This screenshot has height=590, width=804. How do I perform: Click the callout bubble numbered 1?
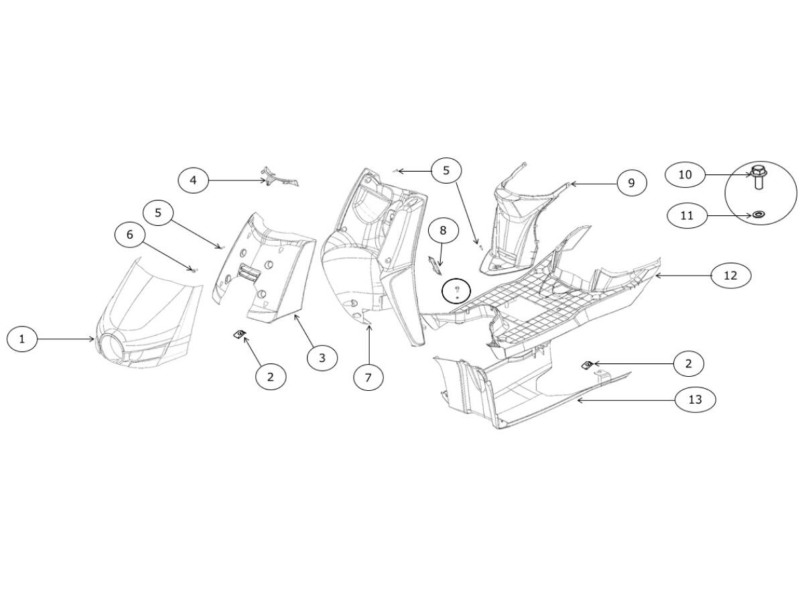click(x=22, y=339)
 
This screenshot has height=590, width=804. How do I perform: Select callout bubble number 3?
click(x=322, y=357)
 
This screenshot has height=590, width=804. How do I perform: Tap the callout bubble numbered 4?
click(x=193, y=180)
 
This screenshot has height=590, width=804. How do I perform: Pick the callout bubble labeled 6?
click(x=130, y=235)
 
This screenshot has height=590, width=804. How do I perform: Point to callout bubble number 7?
click(x=368, y=377)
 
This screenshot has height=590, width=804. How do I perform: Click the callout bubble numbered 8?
click(x=443, y=231)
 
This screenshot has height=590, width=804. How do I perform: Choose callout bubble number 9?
click(x=631, y=182)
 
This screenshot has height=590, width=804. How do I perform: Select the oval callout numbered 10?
click(x=685, y=174)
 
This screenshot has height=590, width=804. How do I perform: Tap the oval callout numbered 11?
click(x=686, y=215)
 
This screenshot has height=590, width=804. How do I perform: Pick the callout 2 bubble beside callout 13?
click(x=688, y=363)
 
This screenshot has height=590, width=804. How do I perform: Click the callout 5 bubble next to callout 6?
click(x=158, y=213)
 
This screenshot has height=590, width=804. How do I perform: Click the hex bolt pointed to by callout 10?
click(x=759, y=176)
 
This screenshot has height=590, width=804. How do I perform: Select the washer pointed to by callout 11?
click(x=759, y=215)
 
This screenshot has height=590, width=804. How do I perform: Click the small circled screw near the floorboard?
click(x=457, y=291)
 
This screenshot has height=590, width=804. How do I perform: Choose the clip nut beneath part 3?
click(x=238, y=333)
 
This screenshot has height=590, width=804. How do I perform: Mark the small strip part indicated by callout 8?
click(x=435, y=264)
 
